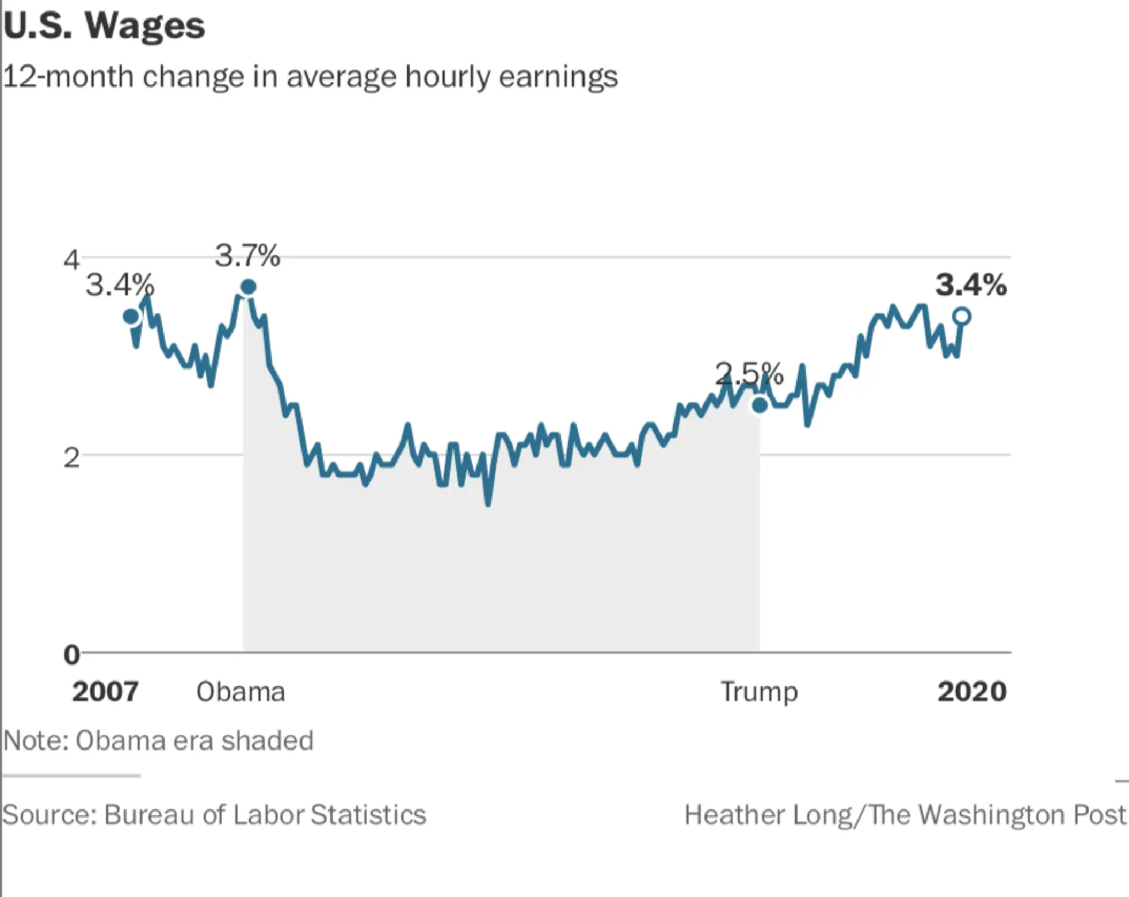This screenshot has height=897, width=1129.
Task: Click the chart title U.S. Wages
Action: [x=104, y=25]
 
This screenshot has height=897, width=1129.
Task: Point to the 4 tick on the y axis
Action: [x=71, y=260]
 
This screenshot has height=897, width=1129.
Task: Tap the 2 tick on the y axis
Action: [x=71, y=457]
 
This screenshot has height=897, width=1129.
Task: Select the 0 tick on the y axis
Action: [x=71, y=655]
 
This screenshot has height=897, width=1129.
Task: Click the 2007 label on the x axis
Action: [x=106, y=692]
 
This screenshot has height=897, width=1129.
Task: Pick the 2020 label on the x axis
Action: [x=972, y=692]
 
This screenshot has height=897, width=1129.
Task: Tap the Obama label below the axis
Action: [x=240, y=692]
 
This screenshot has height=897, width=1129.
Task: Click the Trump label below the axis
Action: [x=759, y=692]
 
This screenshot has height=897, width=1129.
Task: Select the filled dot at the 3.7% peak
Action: [x=248, y=287]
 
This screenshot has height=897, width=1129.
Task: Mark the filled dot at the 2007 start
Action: [x=131, y=316]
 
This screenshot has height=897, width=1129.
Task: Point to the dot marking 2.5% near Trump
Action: [x=760, y=404]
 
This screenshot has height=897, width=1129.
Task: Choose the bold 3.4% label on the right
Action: [x=971, y=285]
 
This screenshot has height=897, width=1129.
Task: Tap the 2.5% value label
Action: [x=749, y=373]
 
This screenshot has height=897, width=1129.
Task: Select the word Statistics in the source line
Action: [x=368, y=815]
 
